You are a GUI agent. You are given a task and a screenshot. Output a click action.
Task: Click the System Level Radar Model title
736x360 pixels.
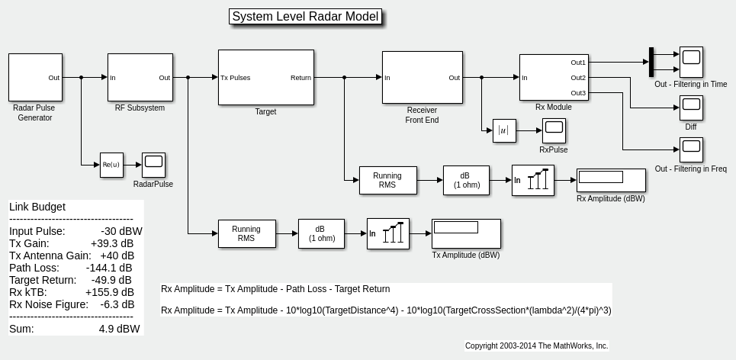305,17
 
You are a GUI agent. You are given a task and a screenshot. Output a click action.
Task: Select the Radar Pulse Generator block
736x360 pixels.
35,77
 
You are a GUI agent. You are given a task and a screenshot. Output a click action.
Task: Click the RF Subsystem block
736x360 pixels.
140,77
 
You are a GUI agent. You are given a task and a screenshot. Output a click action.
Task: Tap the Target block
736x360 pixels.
265,77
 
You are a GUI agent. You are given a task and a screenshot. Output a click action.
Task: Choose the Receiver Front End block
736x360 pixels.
422,77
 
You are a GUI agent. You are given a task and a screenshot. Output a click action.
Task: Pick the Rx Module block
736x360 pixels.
553,77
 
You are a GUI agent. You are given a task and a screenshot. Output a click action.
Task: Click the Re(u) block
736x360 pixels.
111,165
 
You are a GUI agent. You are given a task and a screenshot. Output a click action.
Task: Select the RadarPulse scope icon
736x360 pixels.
153,165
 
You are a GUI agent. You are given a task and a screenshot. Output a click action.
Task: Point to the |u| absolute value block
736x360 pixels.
504,131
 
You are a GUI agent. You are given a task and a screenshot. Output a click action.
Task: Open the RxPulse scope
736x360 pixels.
554,130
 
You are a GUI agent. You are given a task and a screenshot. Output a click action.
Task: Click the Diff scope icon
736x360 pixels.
691,108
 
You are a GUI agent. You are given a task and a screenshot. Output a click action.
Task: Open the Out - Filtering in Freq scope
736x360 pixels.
691,149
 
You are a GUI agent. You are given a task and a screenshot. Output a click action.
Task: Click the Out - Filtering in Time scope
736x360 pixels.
691,62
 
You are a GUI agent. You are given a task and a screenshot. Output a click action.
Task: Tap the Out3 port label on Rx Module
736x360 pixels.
578,93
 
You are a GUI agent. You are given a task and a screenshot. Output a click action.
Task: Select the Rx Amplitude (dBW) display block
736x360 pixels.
611,180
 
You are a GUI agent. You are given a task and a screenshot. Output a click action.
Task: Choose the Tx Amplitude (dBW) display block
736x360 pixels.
466,233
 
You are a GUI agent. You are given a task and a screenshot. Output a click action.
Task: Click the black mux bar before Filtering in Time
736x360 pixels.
651,62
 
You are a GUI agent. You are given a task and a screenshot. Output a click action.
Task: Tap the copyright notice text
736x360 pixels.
536,346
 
